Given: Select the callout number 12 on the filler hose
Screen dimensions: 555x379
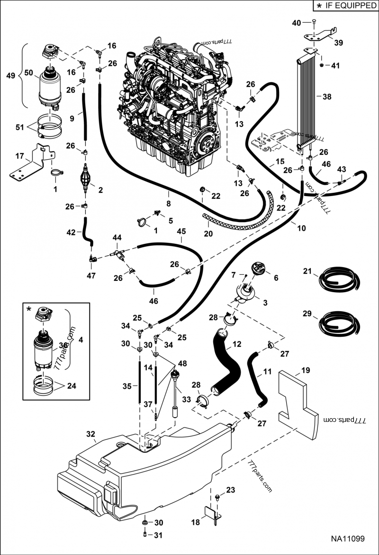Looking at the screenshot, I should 237,344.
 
